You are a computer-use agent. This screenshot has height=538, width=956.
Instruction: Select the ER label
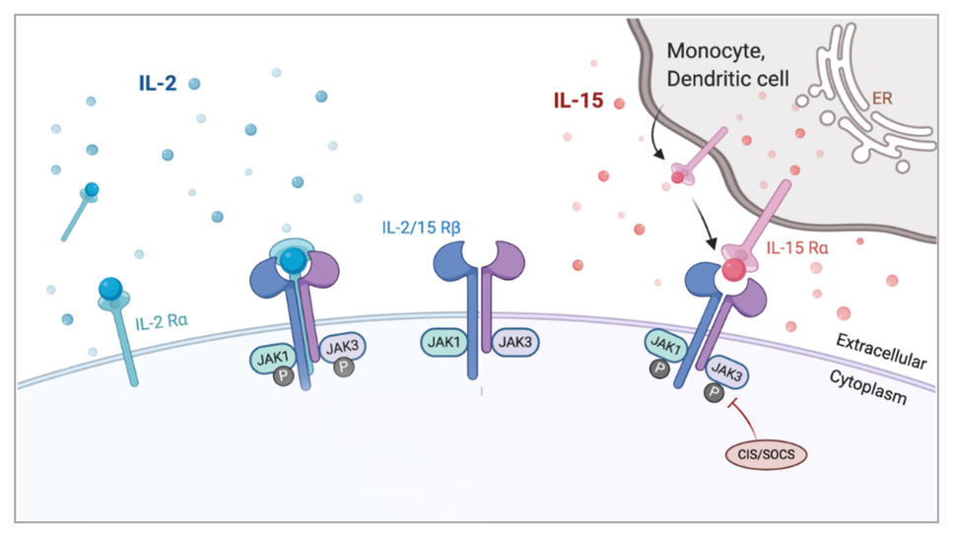882,100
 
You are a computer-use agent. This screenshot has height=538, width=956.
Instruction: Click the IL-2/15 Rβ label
422,229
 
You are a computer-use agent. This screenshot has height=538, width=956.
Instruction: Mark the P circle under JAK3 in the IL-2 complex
341,367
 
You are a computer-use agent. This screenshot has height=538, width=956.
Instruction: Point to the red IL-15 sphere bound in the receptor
732,270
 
